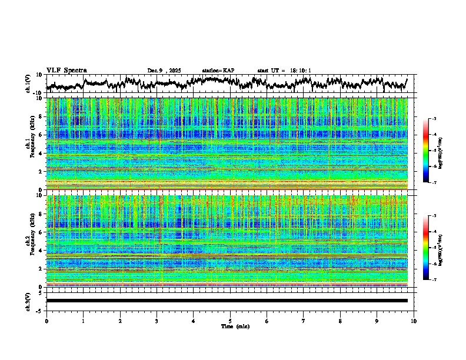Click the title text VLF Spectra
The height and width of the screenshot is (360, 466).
[66, 70]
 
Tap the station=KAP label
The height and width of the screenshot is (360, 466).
[218, 71]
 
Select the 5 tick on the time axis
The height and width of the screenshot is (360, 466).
[230, 321]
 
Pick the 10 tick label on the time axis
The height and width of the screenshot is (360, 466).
[414, 321]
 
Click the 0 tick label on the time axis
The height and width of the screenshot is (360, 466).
[46, 321]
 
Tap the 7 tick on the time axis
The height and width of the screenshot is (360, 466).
[304, 321]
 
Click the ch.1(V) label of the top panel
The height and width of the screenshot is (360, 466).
[28, 84]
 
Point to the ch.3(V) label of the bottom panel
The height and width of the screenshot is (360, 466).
[28, 301]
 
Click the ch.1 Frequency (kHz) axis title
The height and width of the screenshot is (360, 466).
[29, 141]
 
